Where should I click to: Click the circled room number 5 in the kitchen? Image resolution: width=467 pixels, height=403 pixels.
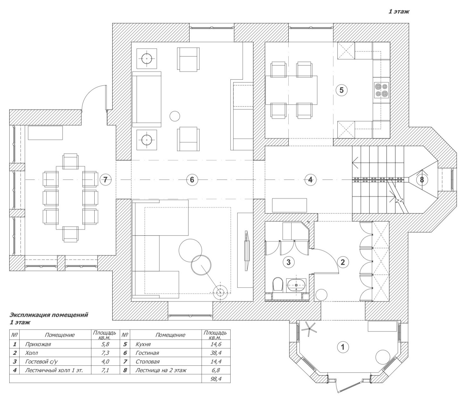click(x=341, y=90)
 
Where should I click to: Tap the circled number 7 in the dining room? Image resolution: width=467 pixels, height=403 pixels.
click(x=105, y=180)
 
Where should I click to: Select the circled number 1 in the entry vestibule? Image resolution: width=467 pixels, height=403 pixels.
click(x=343, y=347)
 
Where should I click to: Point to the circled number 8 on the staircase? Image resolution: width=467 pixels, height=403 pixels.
click(x=422, y=180)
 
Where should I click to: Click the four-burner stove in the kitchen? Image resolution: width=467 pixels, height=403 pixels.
click(x=381, y=90)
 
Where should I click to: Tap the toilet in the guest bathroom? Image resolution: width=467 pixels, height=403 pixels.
click(x=278, y=284)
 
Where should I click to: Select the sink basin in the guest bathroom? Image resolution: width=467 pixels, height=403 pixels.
click(x=296, y=285)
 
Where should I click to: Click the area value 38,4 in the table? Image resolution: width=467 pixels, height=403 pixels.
click(x=216, y=353)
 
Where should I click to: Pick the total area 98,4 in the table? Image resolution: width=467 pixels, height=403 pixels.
click(x=216, y=379)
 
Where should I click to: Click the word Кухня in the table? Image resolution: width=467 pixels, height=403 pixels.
click(x=143, y=344)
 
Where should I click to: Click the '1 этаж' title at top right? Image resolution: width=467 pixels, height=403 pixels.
click(x=399, y=12)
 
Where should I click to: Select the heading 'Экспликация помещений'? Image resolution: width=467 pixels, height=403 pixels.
click(x=49, y=315)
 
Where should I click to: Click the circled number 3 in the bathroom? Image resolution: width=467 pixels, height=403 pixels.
click(x=289, y=262)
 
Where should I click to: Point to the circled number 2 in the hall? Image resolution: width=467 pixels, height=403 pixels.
click(x=343, y=262)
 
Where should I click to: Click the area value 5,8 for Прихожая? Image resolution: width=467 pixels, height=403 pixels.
click(x=105, y=344)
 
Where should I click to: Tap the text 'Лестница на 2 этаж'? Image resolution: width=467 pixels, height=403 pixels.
click(x=161, y=370)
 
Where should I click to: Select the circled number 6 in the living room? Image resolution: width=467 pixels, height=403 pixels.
click(x=192, y=180)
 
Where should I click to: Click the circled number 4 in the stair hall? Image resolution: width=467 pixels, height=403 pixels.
click(x=310, y=180)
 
